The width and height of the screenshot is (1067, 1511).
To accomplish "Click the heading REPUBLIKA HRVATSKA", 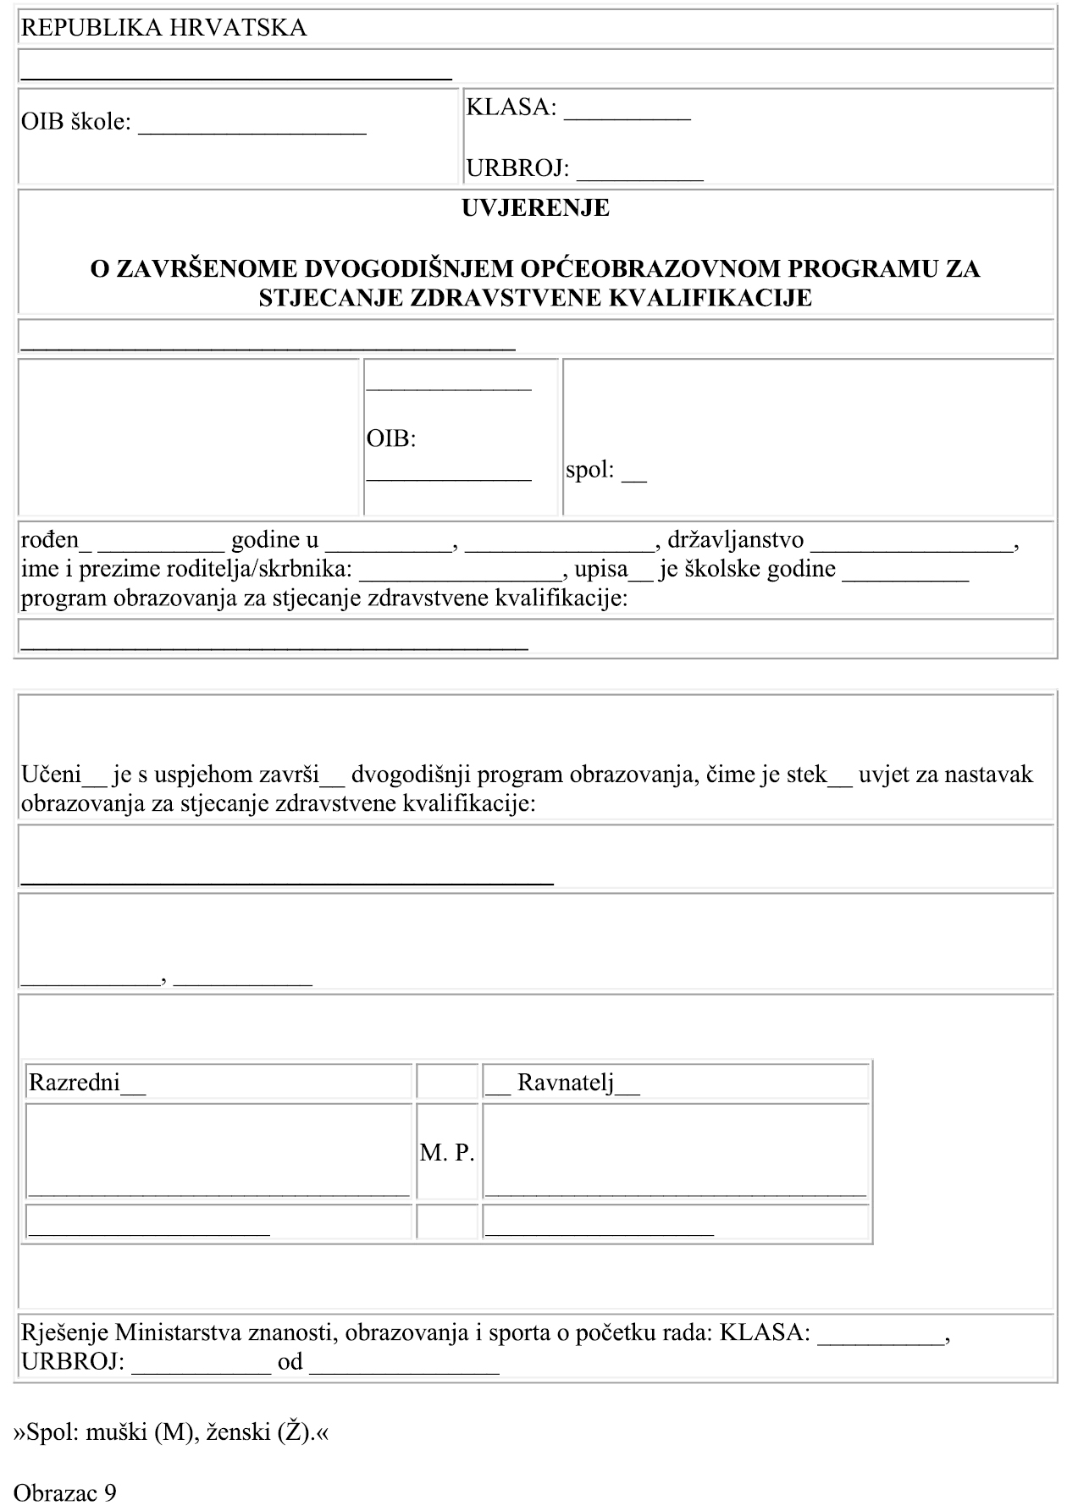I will pyautogui.click(x=163, y=28).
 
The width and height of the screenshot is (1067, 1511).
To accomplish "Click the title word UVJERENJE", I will pyautogui.click(x=535, y=208).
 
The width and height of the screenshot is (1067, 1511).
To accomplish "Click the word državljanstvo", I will pyautogui.click(x=735, y=540).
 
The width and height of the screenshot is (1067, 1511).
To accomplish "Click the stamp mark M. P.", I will pyautogui.click(x=447, y=1153).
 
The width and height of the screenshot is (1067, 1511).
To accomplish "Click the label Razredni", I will pyautogui.click(x=75, y=1083).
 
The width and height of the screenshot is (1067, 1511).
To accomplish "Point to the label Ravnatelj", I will pyautogui.click(x=566, y=1083).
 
